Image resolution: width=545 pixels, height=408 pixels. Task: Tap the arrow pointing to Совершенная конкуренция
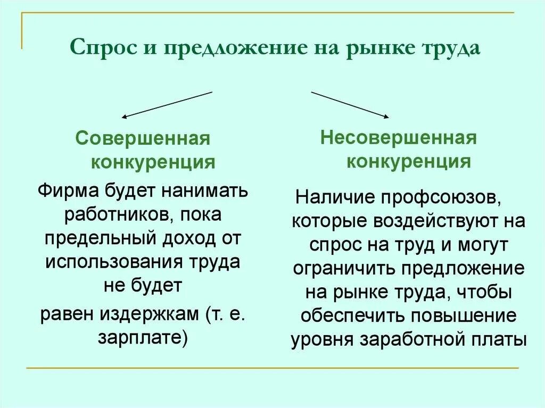click(x=167, y=104)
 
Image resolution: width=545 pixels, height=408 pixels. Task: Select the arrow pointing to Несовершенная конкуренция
click(x=350, y=104)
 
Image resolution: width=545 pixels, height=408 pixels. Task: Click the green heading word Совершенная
click(x=143, y=139)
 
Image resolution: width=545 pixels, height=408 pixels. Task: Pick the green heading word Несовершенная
click(x=398, y=138)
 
